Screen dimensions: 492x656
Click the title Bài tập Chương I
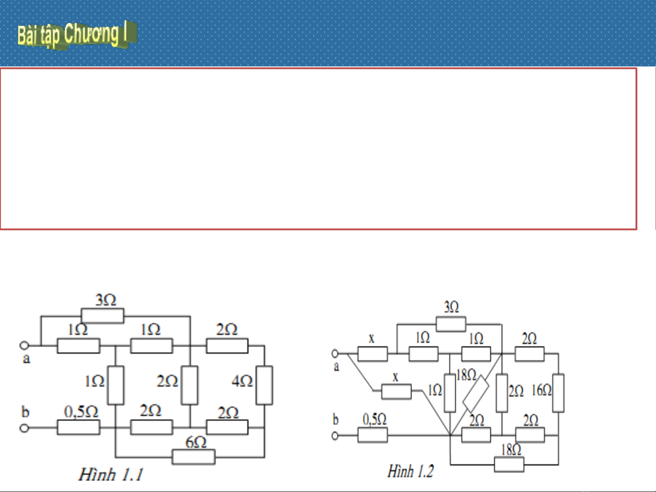click(76, 34)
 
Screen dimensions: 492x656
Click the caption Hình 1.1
click(111, 475)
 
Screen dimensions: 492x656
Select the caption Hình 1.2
click(410, 471)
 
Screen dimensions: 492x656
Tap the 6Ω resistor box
click(193, 457)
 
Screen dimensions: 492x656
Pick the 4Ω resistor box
click(264, 385)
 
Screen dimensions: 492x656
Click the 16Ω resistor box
click(558, 393)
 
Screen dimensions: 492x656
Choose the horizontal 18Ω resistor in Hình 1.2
click(509, 465)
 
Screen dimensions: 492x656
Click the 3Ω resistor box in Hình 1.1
click(102, 316)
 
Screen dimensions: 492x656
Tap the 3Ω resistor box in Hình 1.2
click(451, 324)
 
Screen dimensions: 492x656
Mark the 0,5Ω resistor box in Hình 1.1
click(78, 427)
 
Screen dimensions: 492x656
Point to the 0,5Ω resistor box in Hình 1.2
click(372, 436)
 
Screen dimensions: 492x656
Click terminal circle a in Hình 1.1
click(25, 345)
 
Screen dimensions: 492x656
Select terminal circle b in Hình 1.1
click(25, 428)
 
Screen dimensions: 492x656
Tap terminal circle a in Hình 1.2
click(336, 354)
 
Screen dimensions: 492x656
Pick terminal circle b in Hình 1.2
click(336, 436)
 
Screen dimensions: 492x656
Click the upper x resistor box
click(372, 354)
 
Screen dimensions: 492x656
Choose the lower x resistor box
click(396, 391)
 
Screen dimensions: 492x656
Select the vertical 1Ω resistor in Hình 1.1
click(116, 385)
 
